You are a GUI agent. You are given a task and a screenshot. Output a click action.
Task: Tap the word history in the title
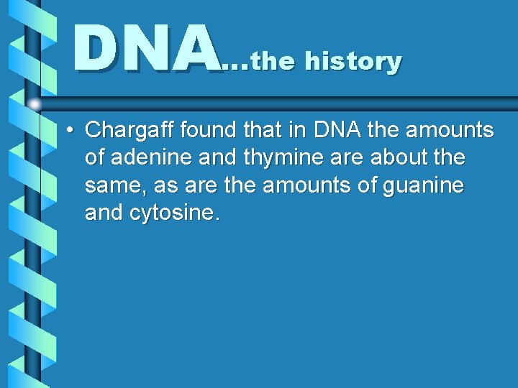[x=353, y=61]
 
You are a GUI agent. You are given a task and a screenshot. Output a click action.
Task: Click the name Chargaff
[x=130, y=131]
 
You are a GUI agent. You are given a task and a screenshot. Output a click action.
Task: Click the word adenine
[x=151, y=157]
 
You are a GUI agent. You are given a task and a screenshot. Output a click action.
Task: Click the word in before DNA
[x=303, y=130]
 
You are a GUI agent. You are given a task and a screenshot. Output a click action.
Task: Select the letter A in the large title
[x=194, y=48]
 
